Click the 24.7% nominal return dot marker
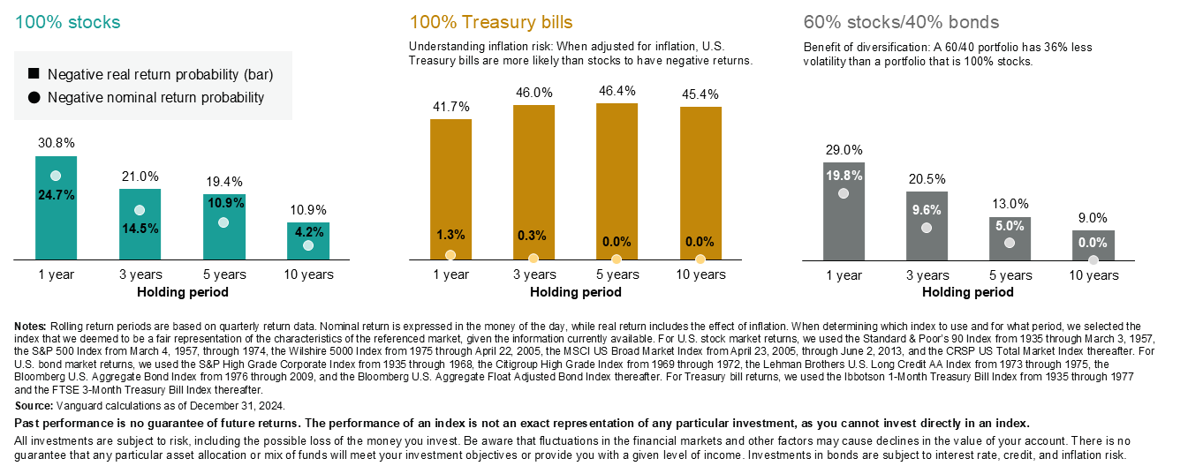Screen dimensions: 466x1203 tap(56, 176)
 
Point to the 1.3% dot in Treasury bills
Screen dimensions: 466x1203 tap(450, 255)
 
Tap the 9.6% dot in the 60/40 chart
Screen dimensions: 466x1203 tap(927, 228)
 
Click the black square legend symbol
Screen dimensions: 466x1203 tap(34, 75)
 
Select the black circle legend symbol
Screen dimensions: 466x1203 tap(34, 98)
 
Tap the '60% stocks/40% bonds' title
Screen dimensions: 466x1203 tap(901, 21)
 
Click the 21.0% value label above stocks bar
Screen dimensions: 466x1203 tap(140, 177)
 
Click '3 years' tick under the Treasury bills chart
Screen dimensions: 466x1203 tap(533, 275)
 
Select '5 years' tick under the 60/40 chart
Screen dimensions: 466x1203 tap(1010, 275)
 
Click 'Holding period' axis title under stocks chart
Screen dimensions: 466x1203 tap(183, 292)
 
